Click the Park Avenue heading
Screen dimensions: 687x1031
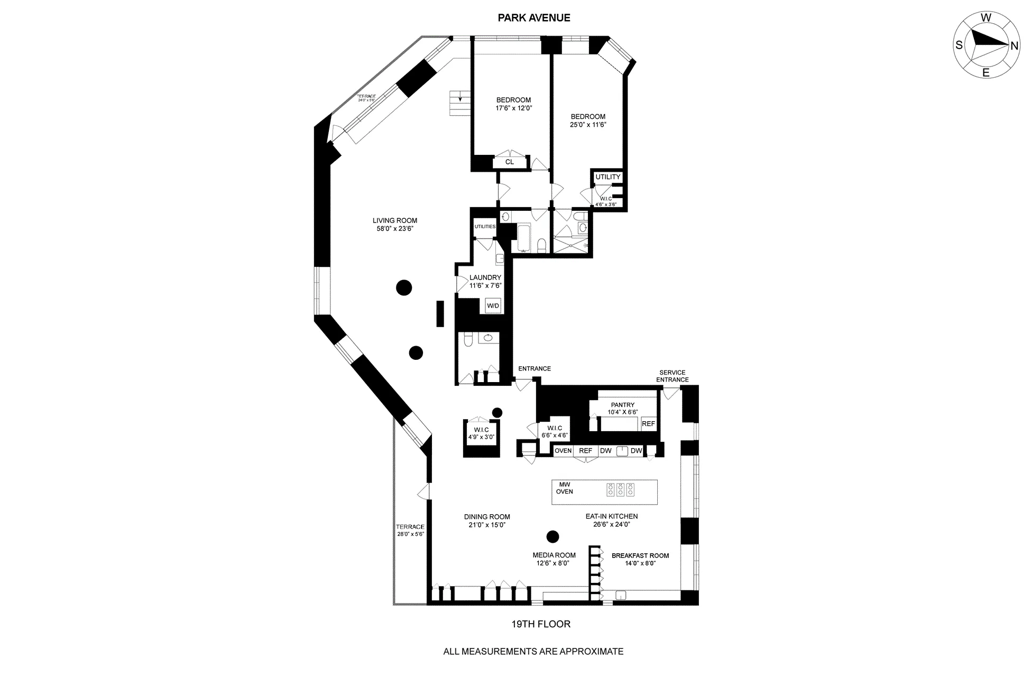click(534, 18)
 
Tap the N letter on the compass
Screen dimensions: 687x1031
click(1014, 46)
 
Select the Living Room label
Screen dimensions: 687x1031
click(394, 221)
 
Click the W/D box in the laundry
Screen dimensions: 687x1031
click(493, 306)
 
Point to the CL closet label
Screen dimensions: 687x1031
click(509, 162)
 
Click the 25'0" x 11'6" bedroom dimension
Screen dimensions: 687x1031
click(587, 125)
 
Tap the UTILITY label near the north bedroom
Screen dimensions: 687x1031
click(607, 177)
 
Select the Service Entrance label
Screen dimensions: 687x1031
click(672, 376)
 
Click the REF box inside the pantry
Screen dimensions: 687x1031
click(648, 424)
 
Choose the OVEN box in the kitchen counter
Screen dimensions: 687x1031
click(563, 451)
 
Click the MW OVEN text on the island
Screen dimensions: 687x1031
click(564, 488)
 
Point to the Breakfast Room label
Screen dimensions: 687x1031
click(640, 555)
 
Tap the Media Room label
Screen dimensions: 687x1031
click(554, 555)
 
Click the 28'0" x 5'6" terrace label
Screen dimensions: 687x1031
click(410, 534)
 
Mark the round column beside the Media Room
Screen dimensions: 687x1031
click(553, 537)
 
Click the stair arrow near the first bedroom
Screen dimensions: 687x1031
click(460, 98)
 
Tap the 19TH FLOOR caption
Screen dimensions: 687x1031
click(540, 624)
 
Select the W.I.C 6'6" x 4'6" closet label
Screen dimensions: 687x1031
click(555, 432)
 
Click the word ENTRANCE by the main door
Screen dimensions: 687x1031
click(534, 369)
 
